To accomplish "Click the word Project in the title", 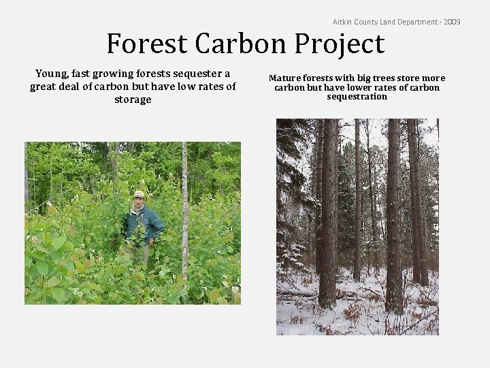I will coord(340,44).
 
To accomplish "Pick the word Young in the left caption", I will coord(52,74).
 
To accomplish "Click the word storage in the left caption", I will coord(133,99).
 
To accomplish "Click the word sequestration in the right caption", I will coord(357,97).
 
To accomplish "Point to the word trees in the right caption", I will coord(391,78).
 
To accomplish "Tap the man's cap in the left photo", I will coord(140,194).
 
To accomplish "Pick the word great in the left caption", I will coord(45,87).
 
